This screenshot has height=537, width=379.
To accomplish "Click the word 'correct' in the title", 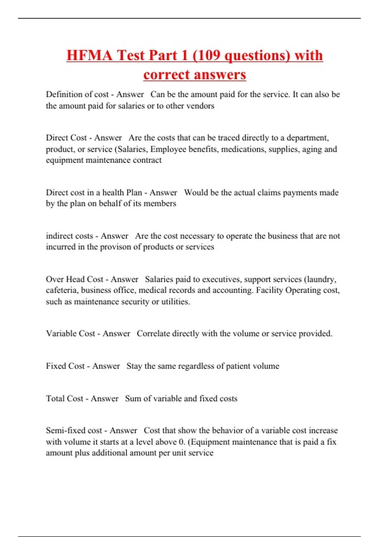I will (x=166, y=75).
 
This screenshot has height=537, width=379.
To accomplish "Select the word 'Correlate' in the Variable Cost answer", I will (x=153, y=334).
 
